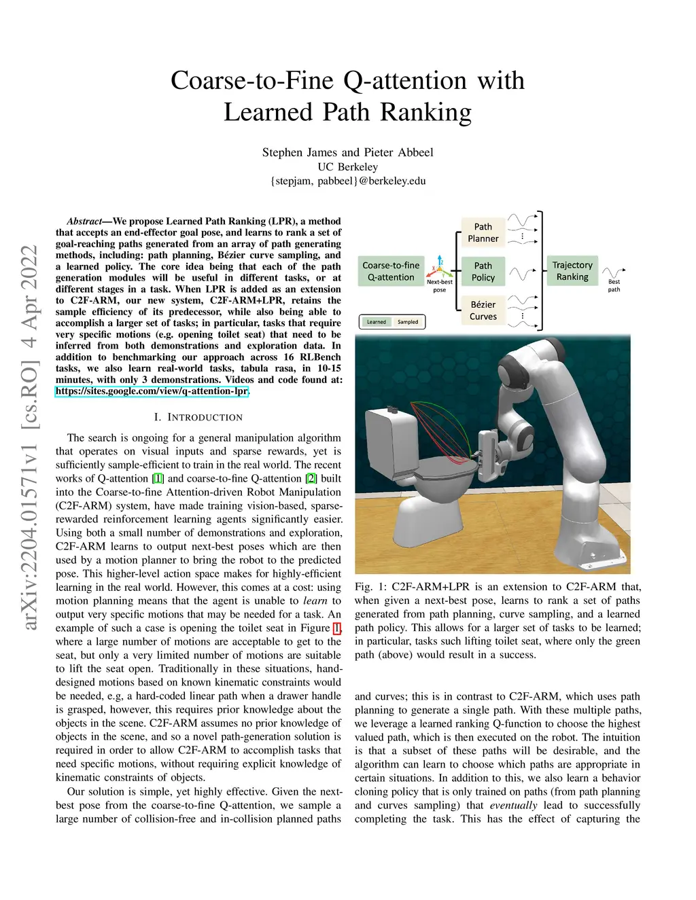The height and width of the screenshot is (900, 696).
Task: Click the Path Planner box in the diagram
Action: coord(483,232)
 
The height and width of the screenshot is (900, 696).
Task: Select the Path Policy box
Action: coord(483,271)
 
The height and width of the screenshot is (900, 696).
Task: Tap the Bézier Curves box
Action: coord(483,310)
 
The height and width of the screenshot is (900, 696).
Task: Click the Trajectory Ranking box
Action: coord(572,270)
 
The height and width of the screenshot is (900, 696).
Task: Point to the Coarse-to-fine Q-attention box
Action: coord(391,271)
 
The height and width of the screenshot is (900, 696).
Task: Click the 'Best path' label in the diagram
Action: coord(614,285)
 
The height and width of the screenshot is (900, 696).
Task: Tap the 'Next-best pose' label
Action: coord(439,285)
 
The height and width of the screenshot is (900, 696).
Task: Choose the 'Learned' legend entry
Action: coord(376,322)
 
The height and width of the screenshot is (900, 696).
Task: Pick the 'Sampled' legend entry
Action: coord(408,322)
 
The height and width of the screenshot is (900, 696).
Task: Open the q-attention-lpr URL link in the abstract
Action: coord(152,391)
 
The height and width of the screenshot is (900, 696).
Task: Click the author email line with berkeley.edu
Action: coord(348,181)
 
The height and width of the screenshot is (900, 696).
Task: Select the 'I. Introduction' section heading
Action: coord(198,417)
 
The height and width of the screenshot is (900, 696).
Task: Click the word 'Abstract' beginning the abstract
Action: coord(84,221)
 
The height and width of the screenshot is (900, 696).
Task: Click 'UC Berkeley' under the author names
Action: coord(347,166)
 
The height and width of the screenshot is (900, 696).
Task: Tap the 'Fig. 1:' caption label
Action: coord(370,587)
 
